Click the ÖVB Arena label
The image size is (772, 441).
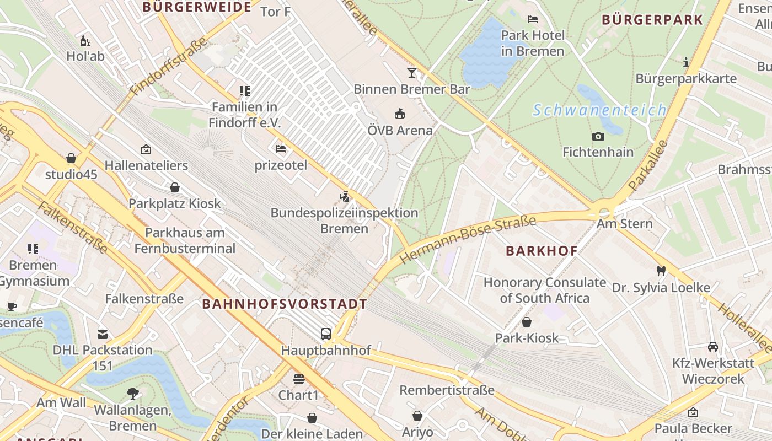tap(400, 131)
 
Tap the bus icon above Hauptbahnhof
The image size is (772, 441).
tap(326, 334)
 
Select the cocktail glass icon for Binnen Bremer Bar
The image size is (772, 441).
tap(411, 73)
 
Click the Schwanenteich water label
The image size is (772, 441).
tap(599, 110)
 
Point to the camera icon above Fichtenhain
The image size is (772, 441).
tap(598, 136)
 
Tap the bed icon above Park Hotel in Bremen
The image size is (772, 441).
tap(532, 19)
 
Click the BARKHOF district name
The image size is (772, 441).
tap(542, 251)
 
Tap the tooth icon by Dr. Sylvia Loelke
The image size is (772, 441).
tap(661, 271)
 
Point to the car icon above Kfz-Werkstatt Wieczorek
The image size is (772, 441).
tap(712, 347)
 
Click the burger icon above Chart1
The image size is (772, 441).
tap(298, 379)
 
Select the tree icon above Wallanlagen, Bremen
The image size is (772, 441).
tap(132, 393)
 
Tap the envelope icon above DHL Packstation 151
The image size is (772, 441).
tap(103, 334)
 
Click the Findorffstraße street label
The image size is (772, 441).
tap(169, 66)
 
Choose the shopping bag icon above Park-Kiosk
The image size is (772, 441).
tap(527, 322)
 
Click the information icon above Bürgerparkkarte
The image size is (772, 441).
tap(685, 62)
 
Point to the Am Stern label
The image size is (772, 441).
tap(624, 224)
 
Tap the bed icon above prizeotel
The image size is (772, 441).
tap(281, 149)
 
